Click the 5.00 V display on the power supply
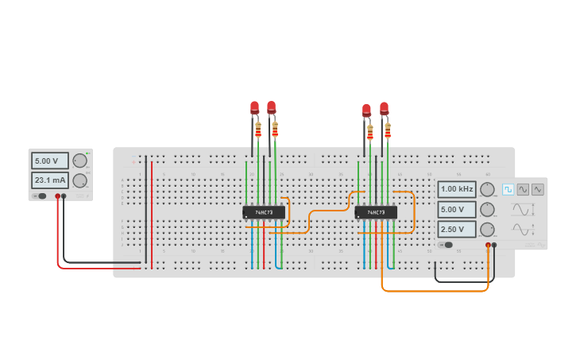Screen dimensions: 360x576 tap(49, 161)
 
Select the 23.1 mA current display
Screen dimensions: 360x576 tap(49, 180)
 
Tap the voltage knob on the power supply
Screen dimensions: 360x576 tap(79, 161)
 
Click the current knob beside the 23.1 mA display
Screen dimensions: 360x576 tap(79, 180)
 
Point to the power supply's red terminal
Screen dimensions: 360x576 tap(57, 195)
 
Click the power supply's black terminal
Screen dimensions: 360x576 tap(64, 195)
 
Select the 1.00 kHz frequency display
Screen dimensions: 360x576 tap(457, 189)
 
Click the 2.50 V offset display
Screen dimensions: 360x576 tap(457, 229)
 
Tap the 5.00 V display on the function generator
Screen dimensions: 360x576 tap(457, 209)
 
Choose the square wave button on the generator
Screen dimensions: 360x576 tap(508, 189)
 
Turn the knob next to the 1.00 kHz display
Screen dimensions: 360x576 tap(487, 189)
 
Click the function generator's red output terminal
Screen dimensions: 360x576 tap(488, 245)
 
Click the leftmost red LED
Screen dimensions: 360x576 tap(254, 107)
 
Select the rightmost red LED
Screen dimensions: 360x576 tap(385, 108)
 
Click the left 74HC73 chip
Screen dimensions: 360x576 tap(264, 212)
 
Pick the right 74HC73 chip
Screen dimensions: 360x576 tap(376, 212)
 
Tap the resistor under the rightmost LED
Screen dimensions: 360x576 tap(388, 130)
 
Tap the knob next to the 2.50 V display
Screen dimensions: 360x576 tap(487, 229)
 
